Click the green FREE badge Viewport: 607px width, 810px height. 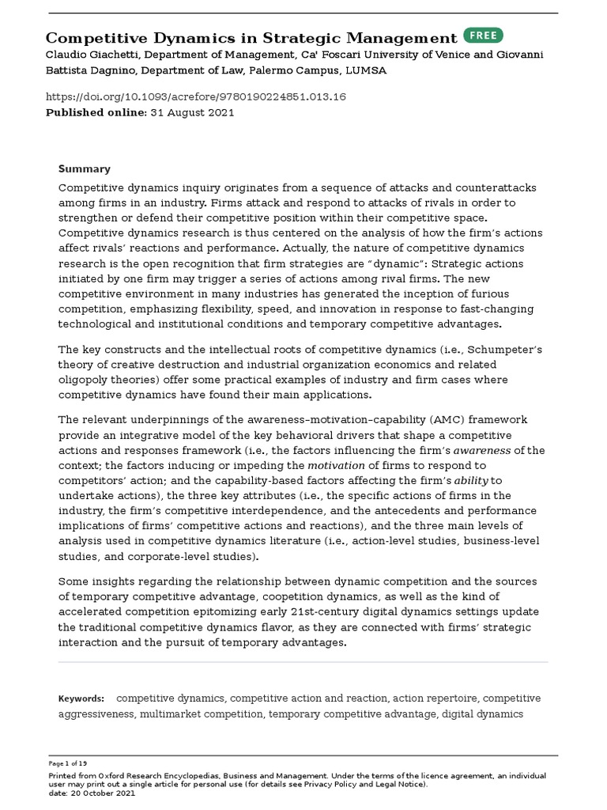[x=483, y=36]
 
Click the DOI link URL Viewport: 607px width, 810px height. [x=196, y=97]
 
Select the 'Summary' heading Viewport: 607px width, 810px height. [x=85, y=168]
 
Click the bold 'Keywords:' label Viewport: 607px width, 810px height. [x=81, y=698]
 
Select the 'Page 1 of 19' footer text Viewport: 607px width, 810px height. [x=67, y=763]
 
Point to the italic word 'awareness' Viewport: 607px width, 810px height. [x=483, y=450]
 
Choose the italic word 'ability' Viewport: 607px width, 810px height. [x=472, y=480]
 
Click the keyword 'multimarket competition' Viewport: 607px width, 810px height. [x=201, y=713]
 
